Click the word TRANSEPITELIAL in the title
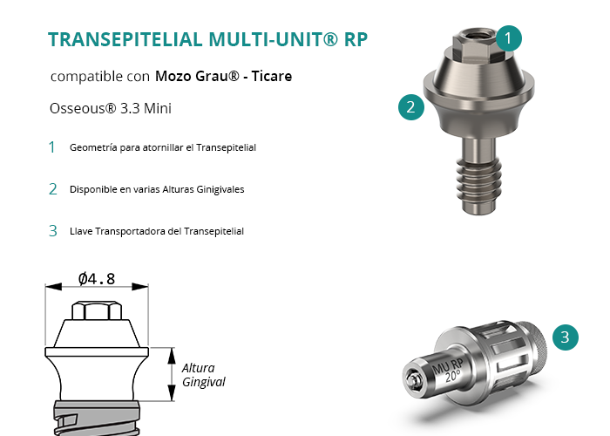pos(125,39)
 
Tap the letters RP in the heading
pos(356,39)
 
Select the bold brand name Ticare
pos(272,76)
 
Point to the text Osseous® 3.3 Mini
pos(111,108)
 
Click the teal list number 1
pos(51,147)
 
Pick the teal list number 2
pos(53,189)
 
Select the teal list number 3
pos(53,231)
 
